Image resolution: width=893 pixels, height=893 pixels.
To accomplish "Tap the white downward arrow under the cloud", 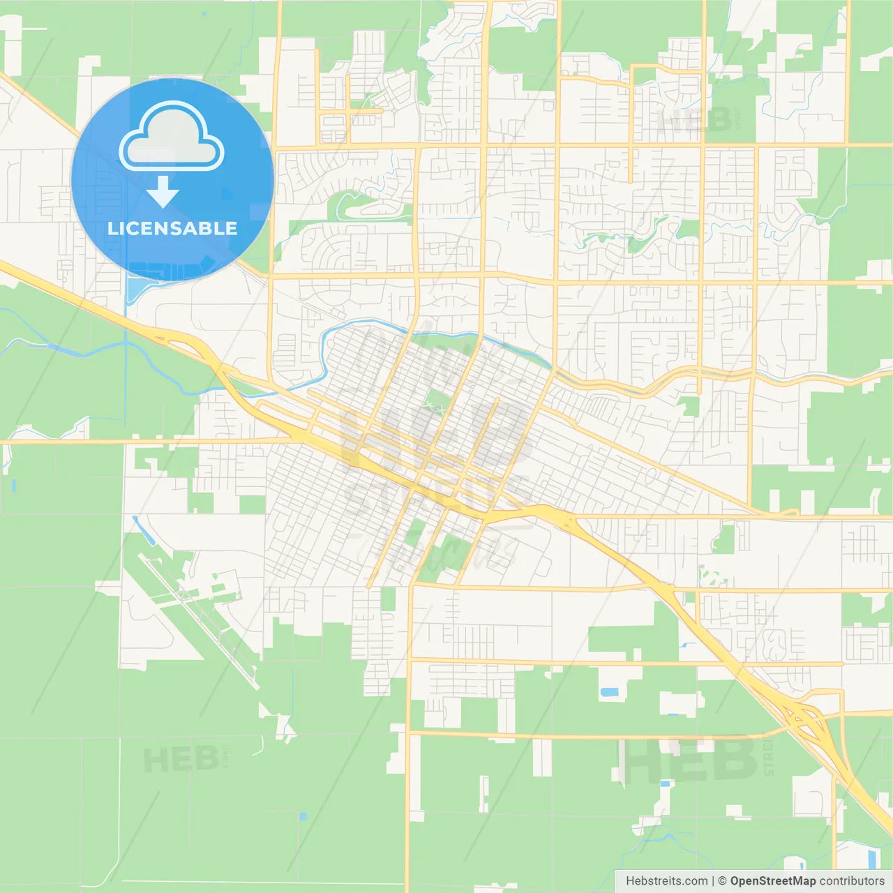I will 163,191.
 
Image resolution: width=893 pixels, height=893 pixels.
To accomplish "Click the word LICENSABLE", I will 172,228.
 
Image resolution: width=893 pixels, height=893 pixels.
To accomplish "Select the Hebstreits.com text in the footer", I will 666,881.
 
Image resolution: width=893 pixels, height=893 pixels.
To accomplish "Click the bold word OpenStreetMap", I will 772,881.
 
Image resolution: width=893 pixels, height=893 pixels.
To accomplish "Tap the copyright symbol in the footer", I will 722,881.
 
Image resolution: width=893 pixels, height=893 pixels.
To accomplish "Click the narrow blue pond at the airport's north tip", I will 143,530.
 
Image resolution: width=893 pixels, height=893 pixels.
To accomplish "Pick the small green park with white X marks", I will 437,402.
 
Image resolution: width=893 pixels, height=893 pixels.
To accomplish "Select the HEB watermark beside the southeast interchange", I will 691,759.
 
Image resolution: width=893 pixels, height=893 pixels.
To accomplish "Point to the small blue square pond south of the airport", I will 302,816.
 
